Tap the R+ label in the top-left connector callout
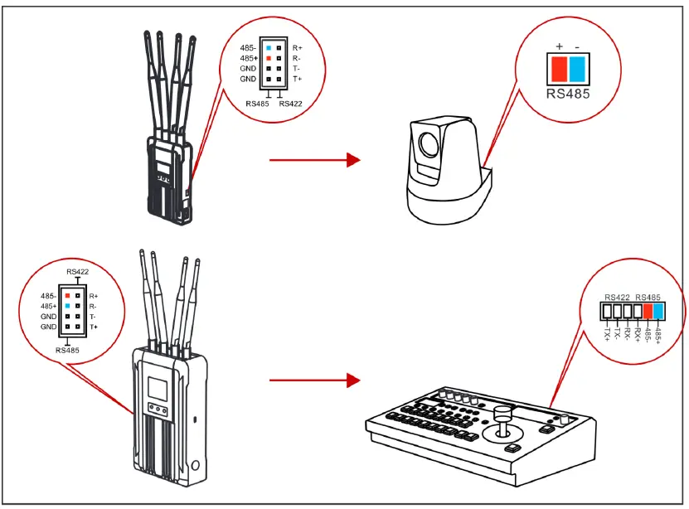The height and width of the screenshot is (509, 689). [298, 49]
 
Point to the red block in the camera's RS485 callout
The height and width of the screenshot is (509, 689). [559, 67]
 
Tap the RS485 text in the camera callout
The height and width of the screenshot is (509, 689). [568, 93]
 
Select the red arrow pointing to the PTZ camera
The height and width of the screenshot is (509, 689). [315, 160]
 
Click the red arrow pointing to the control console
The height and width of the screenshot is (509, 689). [315, 381]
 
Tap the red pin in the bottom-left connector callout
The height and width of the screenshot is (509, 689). [67, 294]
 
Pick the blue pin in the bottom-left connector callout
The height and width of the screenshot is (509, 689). [67, 305]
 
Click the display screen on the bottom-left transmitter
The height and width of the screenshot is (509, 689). [159, 387]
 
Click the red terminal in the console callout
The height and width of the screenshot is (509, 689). [648, 312]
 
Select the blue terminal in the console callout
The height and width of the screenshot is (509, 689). [659, 312]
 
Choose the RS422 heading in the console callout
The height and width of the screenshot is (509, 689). [619, 297]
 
